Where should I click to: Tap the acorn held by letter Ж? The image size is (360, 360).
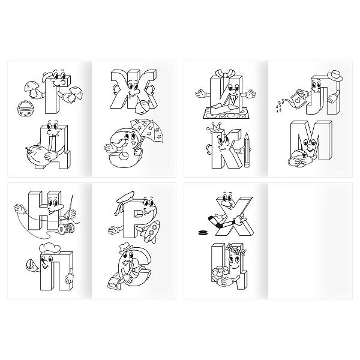(143, 106)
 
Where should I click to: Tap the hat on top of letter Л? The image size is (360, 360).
(335, 76)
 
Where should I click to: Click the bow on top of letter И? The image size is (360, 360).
(226, 73)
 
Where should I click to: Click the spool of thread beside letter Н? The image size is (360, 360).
(65, 228)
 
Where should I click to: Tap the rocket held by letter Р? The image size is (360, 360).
(151, 231)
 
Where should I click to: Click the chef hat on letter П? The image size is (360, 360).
(50, 249)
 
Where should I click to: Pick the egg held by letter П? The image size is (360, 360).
(30, 263)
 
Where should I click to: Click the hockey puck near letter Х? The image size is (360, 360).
(203, 233)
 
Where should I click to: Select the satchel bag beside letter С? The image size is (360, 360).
(113, 282)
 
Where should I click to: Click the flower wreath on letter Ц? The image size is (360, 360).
(236, 249)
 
